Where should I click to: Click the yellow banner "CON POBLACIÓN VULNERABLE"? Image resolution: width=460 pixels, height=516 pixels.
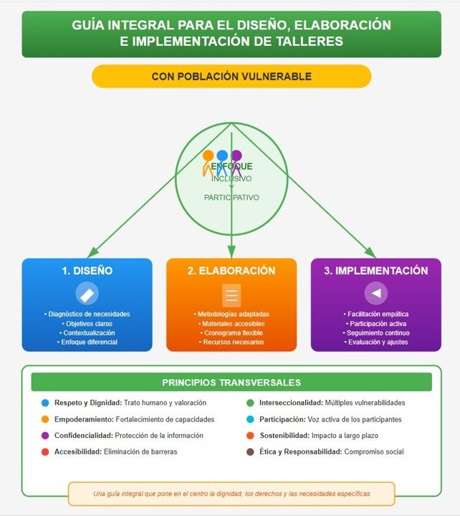point(231,76)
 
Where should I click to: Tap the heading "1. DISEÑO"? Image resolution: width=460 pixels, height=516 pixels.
point(87,271)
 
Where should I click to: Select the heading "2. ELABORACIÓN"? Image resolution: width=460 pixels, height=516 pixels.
point(231,271)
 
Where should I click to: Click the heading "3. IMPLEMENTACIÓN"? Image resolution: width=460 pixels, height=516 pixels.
point(375,271)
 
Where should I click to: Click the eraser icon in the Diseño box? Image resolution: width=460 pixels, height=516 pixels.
point(87,294)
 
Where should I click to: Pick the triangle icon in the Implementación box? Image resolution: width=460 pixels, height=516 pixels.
point(376,293)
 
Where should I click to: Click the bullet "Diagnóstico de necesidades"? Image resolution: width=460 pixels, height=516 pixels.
point(87,314)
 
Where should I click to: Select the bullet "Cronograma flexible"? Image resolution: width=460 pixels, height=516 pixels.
point(231,333)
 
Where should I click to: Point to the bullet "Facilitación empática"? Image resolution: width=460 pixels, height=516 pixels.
point(376,314)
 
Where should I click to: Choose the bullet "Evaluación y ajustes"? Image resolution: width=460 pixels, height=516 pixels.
point(376,343)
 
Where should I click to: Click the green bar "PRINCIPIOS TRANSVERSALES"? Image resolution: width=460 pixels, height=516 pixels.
point(231,382)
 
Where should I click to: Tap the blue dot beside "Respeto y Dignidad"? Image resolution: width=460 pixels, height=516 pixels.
point(46,403)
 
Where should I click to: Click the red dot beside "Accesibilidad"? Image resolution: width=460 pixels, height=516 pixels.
point(46,451)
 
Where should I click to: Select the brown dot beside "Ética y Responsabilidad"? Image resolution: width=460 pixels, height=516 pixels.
point(249,451)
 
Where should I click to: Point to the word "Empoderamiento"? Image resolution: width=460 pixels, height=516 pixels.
point(82,419)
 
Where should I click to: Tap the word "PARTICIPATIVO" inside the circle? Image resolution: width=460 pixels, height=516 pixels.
point(231,197)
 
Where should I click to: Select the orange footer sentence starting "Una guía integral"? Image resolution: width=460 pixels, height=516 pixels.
point(231,494)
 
